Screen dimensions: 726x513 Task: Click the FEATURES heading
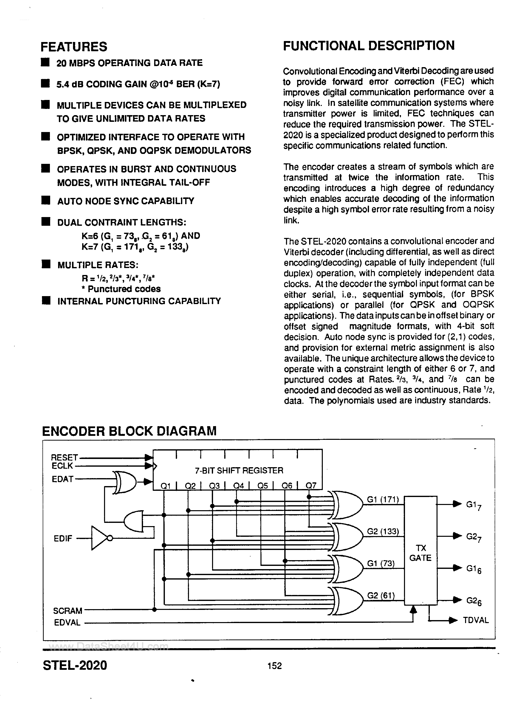pyautogui.click(x=74, y=47)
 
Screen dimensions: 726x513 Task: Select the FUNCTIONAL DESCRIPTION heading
pyautogui.click(x=369, y=46)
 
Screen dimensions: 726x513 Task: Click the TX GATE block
pyautogui.click(x=420, y=553)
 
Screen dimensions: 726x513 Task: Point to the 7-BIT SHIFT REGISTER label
pyautogui.click(x=239, y=470)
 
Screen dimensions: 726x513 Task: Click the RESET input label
pyautogui.click(x=64, y=457)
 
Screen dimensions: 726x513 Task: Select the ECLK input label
pyautogui.click(x=62, y=466)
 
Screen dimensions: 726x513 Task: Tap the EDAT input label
pyautogui.click(x=63, y=479)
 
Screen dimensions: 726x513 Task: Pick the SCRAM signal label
pyautogui.click(x=68, y=611)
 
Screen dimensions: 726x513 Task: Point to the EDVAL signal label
pyautogui.click(x=67, y=622)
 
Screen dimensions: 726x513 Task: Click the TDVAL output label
pyautogui.click(x=476, y=620)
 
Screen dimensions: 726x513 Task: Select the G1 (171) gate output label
pyautogui.click(x=383, y=499)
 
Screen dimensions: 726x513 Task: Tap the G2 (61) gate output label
pyautogui.click(x=381, y=596)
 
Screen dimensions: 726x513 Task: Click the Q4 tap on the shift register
pyautogui.click(x=238, y=485)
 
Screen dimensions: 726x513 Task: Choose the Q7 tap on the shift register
pyautogui.click(x=311, y=485)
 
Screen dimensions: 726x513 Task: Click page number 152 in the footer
pyautogui.click(x=274, y=666)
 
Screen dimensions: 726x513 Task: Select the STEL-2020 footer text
pyautogui.click(x=75, y=665)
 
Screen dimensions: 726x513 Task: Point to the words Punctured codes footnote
pyautogui.click(x=124, y=289)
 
